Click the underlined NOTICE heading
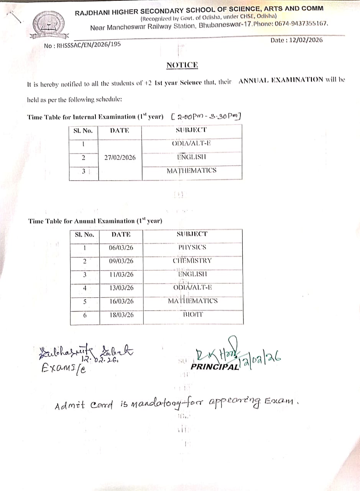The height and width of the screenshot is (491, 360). pos(182,65)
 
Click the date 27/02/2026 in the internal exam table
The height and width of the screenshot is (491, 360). pos(120,157)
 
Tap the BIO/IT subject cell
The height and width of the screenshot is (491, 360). pos(193,315)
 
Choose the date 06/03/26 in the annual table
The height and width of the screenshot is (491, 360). pos(121,248)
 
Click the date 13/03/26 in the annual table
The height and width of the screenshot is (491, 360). pos(121,288)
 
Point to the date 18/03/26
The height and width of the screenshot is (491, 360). pos(121,315)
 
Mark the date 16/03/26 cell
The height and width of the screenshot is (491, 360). pos(121,302)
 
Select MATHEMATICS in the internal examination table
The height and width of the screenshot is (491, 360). pos(191,171)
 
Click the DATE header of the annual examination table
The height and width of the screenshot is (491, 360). pos(121,234)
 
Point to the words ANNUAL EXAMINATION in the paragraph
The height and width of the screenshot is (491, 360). pos(281,80)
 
